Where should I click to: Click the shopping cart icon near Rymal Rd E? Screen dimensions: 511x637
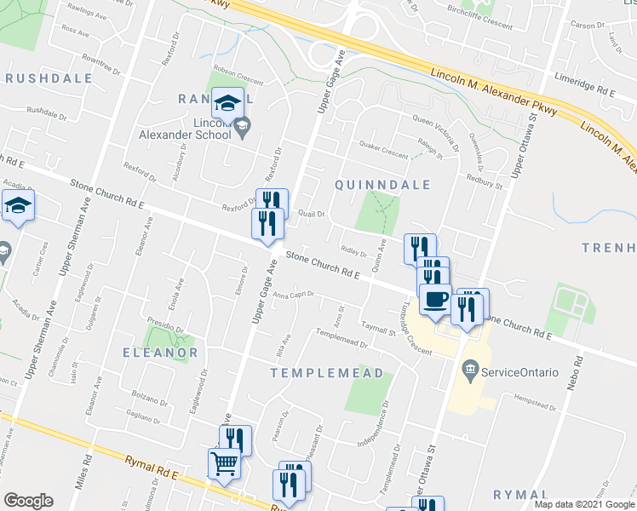click(x=223, y=464)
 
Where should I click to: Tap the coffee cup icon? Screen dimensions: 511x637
click(x=437, y=300)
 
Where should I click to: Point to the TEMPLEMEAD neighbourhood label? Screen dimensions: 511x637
click(x=326, y=373)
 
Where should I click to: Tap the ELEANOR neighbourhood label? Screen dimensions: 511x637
click(x=160, y=352)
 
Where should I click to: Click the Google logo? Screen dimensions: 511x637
click(x=27, y=501)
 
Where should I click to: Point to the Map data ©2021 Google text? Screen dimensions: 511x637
click(x=583, y=504)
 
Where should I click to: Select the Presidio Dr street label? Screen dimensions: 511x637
click(x=167, y=326)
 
